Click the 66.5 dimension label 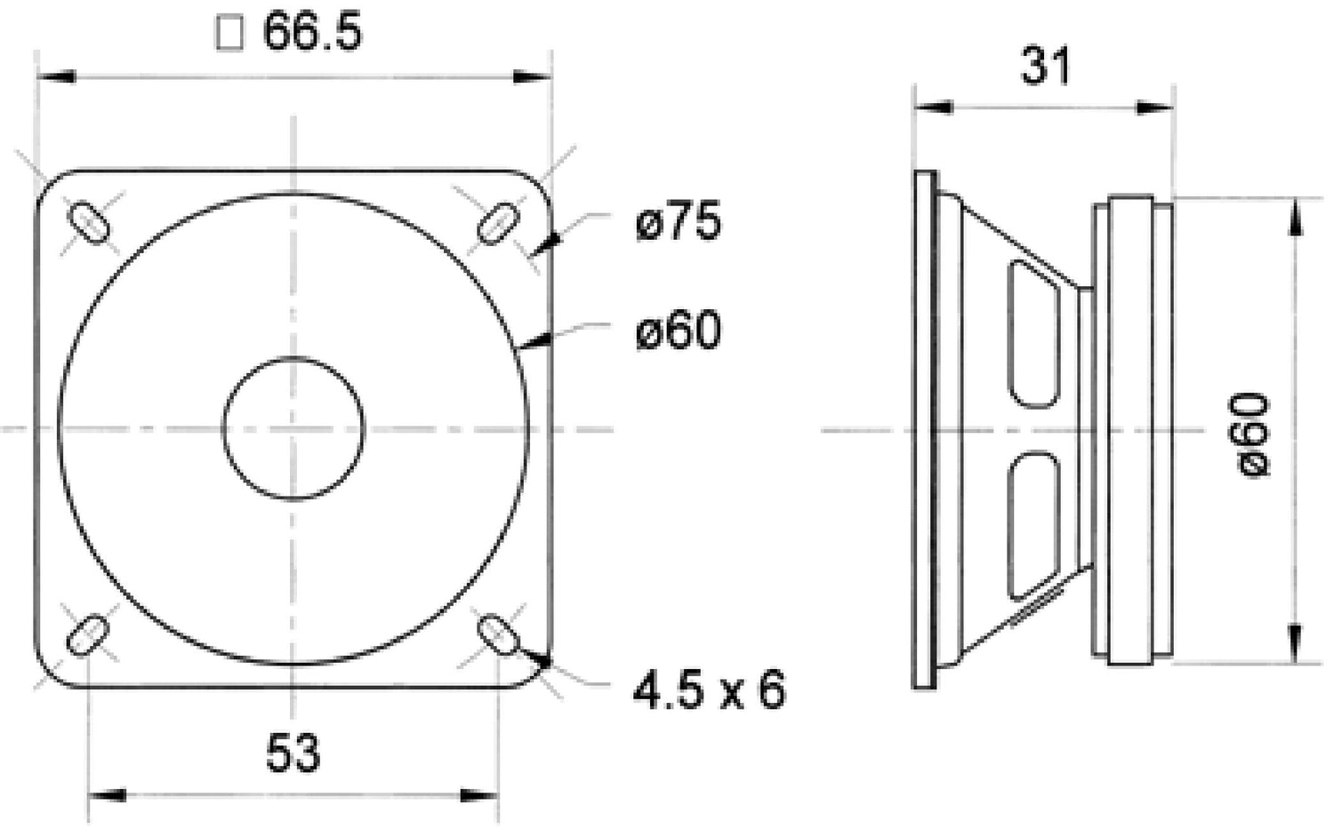pyautogui.click(x=312, y=33)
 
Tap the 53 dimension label pyautogui.click(x=293, y=753)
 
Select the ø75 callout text pyautogui.click(x=678, y=221)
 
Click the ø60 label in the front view pyautogui.click(x=678, y=331)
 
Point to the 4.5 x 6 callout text pyautogui.click(x=709, y=690)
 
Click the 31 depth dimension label pyautogui.click(x=1045, y=66)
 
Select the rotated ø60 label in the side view pyautogui.click(x=1254, y=435)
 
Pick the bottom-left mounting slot pyautogui.click(x=88, y=635)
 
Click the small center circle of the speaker pyautogui.click(x=293, y=428)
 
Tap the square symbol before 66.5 pyautogui.click(x=229, y=34)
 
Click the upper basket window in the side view pyautogui.click(x=1034, y=333)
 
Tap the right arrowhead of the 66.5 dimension pyautogui.click(x=534, y=77)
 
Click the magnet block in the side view pyautogui.click(x=1131, y=430)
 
